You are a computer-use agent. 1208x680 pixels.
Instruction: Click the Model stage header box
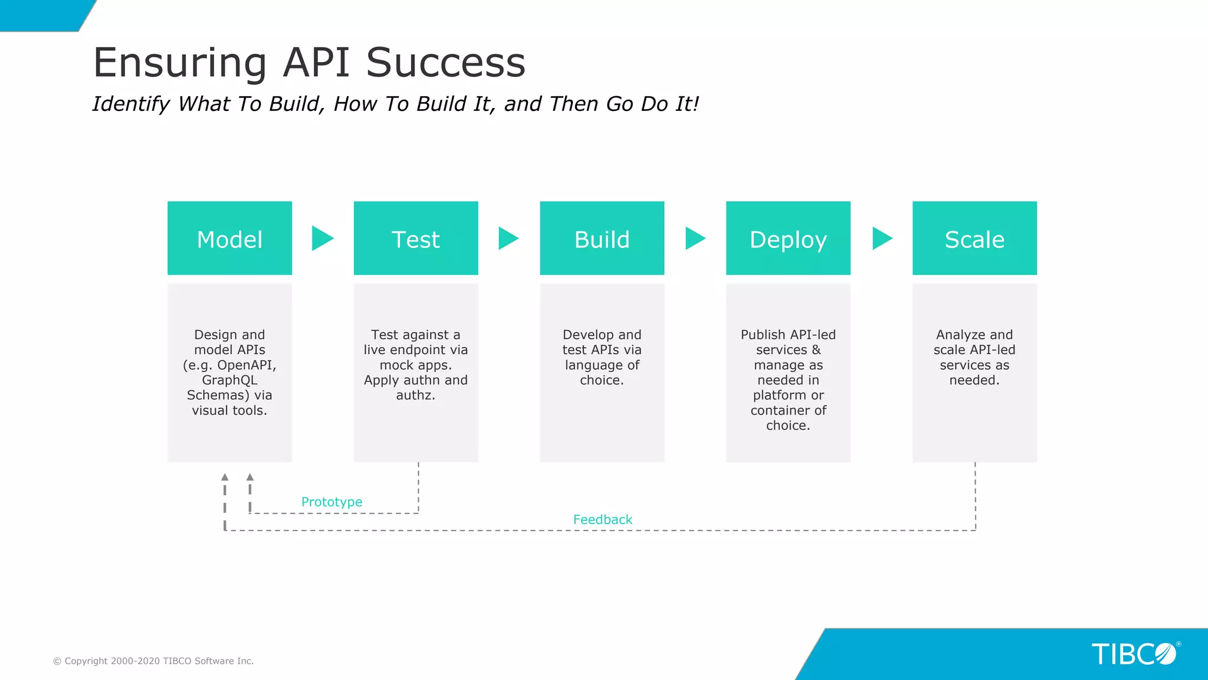point(229,238)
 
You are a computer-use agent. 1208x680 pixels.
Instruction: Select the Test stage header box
point(416,238)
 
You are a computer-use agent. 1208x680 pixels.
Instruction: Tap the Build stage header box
point(602,238)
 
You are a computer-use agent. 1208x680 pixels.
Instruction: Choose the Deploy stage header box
point(788,238)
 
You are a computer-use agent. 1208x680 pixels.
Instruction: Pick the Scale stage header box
point(974,238)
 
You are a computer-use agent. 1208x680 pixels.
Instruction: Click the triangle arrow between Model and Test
point(321,238)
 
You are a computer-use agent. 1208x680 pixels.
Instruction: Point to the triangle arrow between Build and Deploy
point(694,238)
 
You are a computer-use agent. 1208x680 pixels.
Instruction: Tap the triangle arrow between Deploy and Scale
point(881,238)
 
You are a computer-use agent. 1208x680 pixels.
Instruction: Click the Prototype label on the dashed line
point(331,502)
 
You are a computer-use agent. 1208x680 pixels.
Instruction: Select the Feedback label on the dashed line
point(602,519)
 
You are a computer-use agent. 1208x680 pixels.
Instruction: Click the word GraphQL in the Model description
point(229,380)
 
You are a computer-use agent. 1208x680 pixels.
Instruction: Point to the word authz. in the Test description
point(415,395)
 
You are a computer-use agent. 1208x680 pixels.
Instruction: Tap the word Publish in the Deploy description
point(762,335)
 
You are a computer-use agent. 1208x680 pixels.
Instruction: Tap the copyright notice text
point(153,661)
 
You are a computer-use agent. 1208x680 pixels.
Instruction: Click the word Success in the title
point(445,63)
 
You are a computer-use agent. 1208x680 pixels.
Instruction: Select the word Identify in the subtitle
point(131,104)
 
